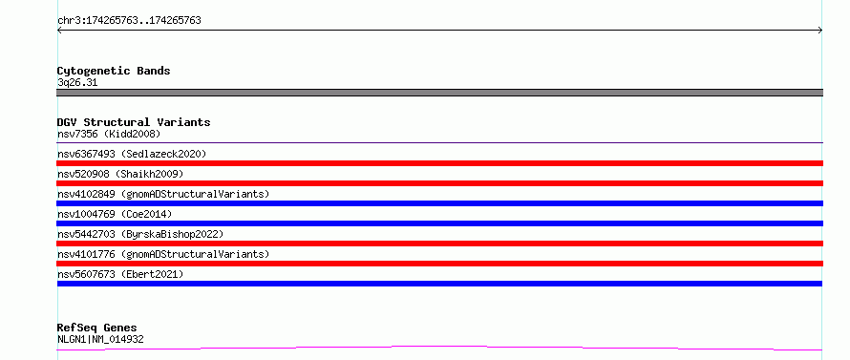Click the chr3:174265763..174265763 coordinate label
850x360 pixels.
tap(129, 21)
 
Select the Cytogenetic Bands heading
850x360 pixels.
tap(114, 71)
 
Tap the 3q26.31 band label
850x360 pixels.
tap(77, 83)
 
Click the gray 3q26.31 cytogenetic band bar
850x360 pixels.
tap(439, 93)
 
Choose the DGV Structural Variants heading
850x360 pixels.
tap(134, 122)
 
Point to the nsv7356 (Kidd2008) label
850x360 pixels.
tap(109, 134)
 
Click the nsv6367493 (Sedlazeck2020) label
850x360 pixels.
tap(132, 154)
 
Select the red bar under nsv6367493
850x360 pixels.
tap(439, 163)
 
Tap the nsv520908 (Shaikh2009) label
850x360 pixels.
tap(120, 174)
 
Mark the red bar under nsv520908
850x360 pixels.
tap(439, 183)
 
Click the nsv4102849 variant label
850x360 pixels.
tap(163, 194)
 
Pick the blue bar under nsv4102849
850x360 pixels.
tap(439, 203)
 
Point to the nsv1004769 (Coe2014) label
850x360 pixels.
tap(115, 214)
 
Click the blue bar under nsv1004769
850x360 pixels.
tap(439, 223)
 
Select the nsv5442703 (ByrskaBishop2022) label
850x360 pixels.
tap(140, 234)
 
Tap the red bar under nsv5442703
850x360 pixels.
tap(439, 244)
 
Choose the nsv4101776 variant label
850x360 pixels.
tap(163, 254)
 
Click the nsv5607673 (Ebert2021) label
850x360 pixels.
tap(120, 274)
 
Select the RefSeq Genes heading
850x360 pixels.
tap(96, 328)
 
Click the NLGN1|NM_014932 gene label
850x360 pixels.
tap(100, 340)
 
